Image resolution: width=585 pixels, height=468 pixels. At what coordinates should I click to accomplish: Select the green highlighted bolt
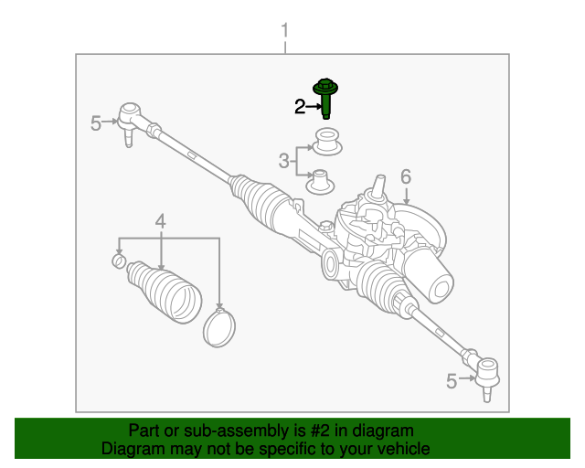tap(325, 98)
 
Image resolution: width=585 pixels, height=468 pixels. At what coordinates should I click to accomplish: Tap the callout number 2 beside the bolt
tap(299, 108)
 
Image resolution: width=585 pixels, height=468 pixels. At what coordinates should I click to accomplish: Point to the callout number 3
tap(283, 162)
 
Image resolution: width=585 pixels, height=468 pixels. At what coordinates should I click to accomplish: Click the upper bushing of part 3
tap(326, 142)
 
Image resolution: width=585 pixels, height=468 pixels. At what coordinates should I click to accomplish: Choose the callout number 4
tap(161, 221)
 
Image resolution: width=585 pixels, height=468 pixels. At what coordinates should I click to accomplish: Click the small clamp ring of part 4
tap(118, 263)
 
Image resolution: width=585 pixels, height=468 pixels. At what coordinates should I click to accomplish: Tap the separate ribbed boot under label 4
tap(164, 291)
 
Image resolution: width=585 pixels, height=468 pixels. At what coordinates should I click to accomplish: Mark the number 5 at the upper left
tap(96, 123)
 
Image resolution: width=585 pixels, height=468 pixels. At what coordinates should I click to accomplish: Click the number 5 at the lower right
tap(451, 381)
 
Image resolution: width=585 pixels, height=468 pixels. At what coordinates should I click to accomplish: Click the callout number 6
tap(406, 176)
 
